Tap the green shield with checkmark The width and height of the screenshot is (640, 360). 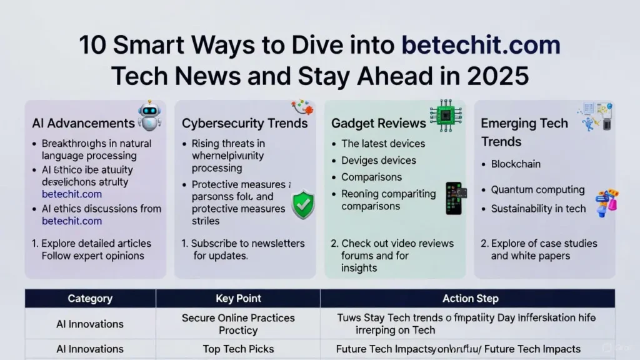tap(303, 204)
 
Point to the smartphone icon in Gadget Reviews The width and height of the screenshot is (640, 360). tap(454, 198)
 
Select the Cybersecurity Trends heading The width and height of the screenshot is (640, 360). tap(244, 123)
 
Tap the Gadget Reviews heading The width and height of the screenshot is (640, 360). tap(378, 123)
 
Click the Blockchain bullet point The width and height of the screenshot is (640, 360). tap(516, 164)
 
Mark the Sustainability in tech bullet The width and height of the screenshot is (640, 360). tap(538, 209)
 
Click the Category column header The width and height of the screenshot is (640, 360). tap(90, 299)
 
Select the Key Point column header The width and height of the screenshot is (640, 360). tap(238, 299)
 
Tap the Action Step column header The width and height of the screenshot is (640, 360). tap(466, 299)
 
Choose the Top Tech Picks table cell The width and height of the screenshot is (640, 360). tap(238, 349)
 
